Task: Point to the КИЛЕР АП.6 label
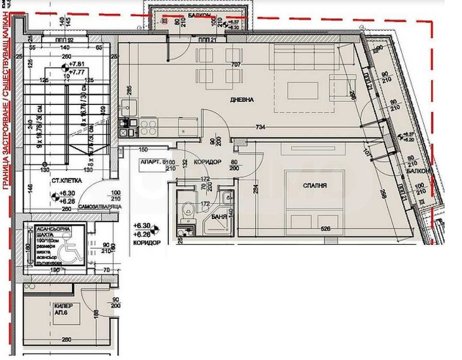click(x=60, y=309)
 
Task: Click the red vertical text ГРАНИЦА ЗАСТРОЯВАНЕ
click(x=7, y=103)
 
